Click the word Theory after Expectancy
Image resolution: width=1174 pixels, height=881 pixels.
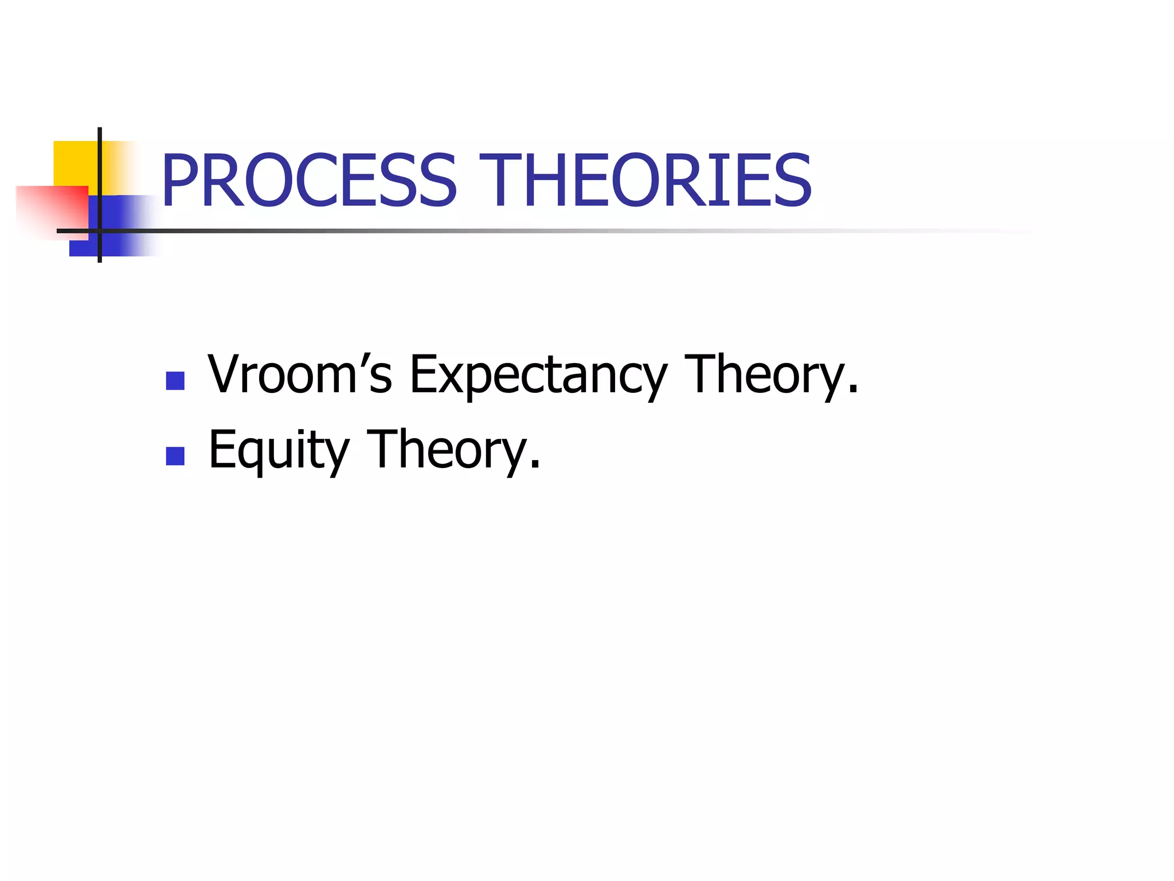click(x=765, y=376)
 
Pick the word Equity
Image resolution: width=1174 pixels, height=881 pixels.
click(x=279, y=451)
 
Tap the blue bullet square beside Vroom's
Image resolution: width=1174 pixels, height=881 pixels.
click(x=175, y=381)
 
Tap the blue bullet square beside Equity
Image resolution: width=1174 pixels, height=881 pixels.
click(x=175, y=456)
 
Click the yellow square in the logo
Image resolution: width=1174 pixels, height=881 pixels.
click(x=75, y=163)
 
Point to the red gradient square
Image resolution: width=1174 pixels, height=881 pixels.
click(x=52, y=209)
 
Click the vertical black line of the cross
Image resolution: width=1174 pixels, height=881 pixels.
click(x=100, y=172)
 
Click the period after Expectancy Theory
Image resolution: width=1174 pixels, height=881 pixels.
click(x=853, y=390)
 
